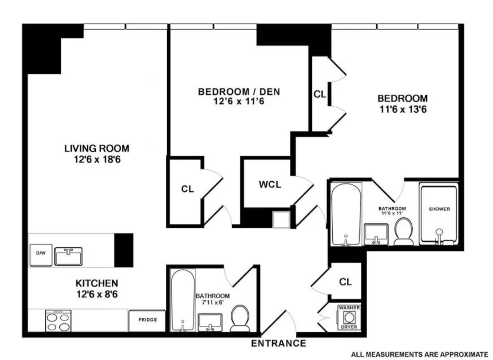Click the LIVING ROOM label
click(x=96, y=148)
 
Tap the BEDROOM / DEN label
click(x=239, y=91)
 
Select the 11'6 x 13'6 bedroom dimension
click(x=402, y=108)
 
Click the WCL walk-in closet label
click(x=269, y=185)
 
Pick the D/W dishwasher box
click(x=41, y=254)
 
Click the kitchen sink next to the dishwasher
click(x=68, y=256)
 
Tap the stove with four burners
click(x=58, y=321)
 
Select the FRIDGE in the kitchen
click(x=147, y=321)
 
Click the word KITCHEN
click(x=97, y=283)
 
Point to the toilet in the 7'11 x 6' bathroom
click(x=240, y=319)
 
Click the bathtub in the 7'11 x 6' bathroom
click(x=182, y=302)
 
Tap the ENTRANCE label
click(x=278, y=343)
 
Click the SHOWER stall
click(x=439, y=214)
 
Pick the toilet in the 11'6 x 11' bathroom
click(x=403, y=232)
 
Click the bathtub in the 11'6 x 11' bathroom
click(x=344, y=214)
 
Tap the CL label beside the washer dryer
click(x=345, y=281)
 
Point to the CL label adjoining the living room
click(x=187, y=190)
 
